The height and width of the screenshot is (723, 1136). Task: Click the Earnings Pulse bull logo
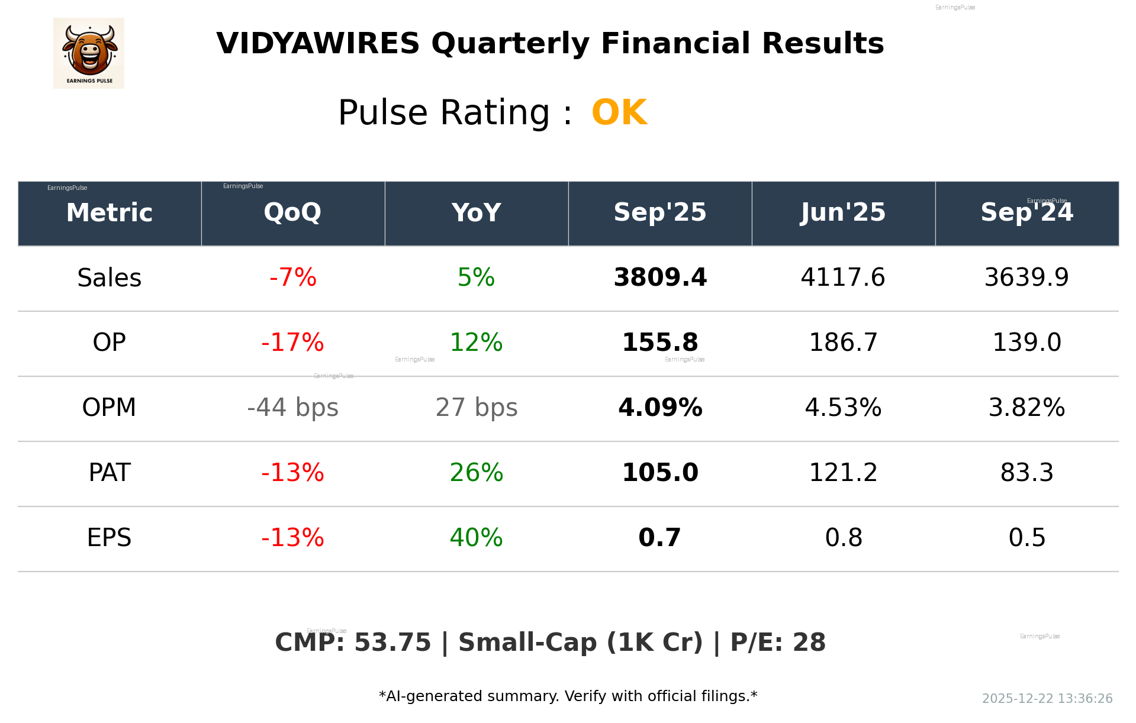[89, 53]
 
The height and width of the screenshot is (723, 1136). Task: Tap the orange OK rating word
[619, 112]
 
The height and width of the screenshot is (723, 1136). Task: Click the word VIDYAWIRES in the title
[318, 44]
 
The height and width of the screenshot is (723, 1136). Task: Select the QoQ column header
[292, 212]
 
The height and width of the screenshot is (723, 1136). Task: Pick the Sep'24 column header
[1026, 212]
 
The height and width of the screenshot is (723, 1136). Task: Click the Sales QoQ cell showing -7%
[292, 277]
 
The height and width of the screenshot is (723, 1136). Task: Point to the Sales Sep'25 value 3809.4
[660, 277]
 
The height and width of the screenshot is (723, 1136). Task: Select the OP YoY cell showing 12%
[476, 343]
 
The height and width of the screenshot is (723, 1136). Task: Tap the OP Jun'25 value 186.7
[843, 343]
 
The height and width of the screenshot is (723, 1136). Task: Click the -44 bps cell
[292, 408]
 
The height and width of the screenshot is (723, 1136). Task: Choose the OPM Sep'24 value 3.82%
[1026, 408]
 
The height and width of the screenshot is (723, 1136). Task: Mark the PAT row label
[110, 473]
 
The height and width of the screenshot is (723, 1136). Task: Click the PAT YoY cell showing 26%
[476, 473]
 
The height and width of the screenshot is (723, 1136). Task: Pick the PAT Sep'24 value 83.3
[1026, 473]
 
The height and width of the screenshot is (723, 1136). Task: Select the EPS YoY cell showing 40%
[476, 538]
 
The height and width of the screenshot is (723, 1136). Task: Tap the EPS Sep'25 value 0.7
[660, 538]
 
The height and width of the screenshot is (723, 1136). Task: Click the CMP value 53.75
[392, 643]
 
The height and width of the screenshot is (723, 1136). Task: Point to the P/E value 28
[809, 643]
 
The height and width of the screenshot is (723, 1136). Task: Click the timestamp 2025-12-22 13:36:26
[1047, 699]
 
